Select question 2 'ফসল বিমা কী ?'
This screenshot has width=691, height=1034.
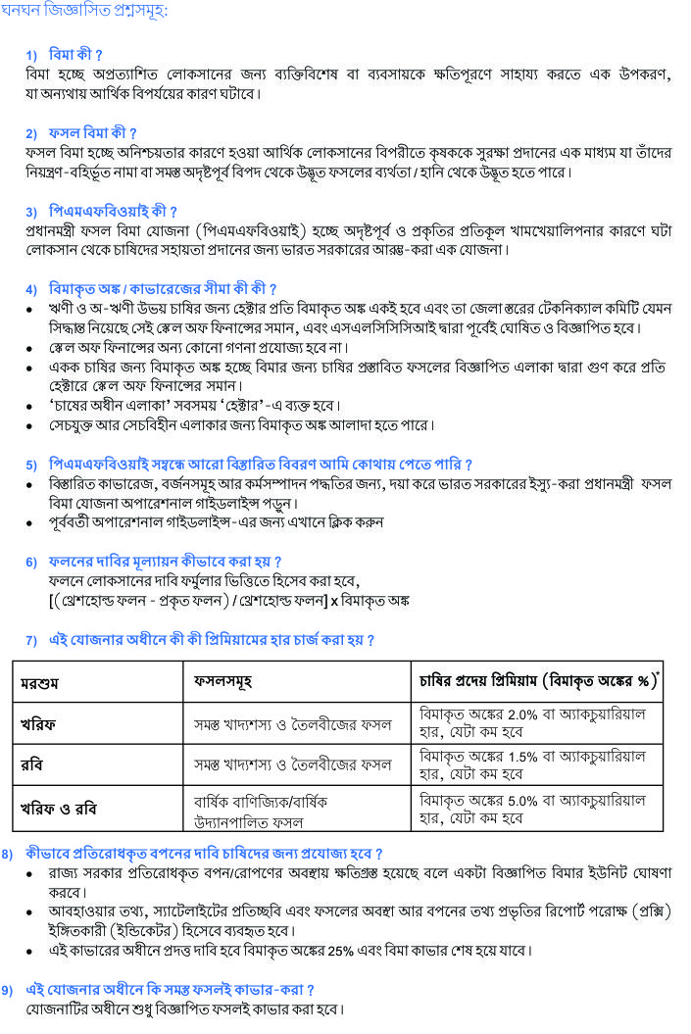tap(93, 132)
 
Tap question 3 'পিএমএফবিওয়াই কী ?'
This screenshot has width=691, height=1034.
tap(113, 211)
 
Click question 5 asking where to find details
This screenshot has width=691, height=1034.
tap(260, 464)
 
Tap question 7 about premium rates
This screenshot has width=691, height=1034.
tap(211, 640)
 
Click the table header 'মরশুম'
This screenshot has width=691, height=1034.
tap(40, 683)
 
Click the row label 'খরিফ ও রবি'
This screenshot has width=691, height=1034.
tap(59, 810)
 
